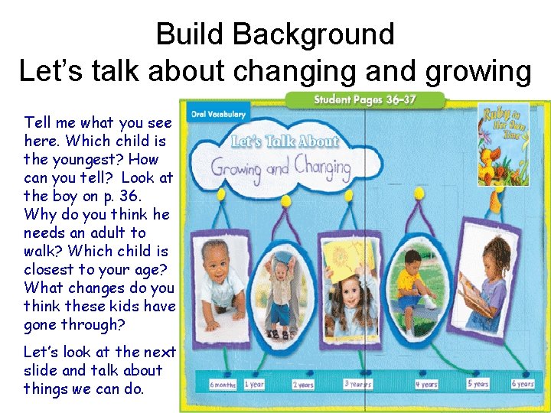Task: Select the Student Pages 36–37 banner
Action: (364, 100)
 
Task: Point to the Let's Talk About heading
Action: (285, 141)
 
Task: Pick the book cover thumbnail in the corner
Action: (503, 144)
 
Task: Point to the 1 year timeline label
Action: (253, 384)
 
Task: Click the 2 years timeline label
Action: (303, 385)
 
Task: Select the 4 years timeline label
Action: (426, 385)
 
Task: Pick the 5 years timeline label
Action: (479, 384)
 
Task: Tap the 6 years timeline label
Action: (523, 384)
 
